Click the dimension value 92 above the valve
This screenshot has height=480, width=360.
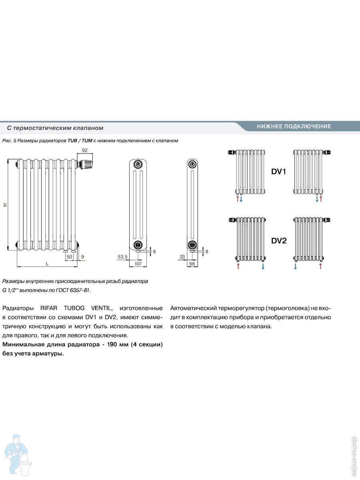pyautogui.click(x=84, y=150)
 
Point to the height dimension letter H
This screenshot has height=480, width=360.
pyautogui.click(x=5, y=204)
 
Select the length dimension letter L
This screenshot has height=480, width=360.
pyautogui.click(x=47, y=264)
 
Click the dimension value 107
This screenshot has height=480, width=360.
pyautogui.click(x=138, y=264)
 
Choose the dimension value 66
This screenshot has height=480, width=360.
pyautogui.click(x=192, y=264)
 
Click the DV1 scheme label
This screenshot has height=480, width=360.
pyautogui.click(x=279, y=172)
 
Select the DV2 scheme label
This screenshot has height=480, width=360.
pyautogui.click(x=279, y=241)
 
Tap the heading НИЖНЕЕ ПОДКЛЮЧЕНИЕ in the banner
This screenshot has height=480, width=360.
pyautogui.click(x=294, y=126)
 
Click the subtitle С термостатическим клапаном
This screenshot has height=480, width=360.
pyautogui.click(x=55, y=128)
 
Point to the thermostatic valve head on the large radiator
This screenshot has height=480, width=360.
pyautogui.click(x=87, y=163)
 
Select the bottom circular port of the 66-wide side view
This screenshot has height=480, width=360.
pyautogui.click(x=192, y=244)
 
